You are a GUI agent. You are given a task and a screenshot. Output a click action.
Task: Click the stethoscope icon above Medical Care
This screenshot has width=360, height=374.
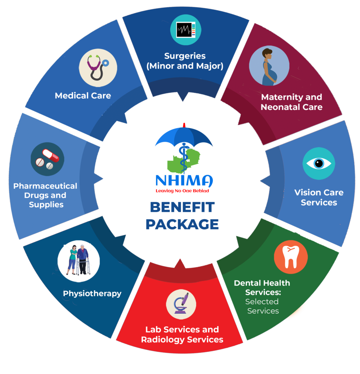click(98, 68)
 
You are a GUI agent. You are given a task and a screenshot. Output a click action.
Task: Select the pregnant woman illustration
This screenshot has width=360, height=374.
click(269, 66)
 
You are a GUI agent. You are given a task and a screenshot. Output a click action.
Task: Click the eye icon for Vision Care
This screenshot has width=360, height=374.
click(319, 163)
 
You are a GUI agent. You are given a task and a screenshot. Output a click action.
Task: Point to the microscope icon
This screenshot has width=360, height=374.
click(181, 304)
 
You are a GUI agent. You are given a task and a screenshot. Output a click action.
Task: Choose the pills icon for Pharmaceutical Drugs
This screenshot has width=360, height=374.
click(47, 159)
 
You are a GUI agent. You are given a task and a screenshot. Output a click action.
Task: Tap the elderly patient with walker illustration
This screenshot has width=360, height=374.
click(78, 260)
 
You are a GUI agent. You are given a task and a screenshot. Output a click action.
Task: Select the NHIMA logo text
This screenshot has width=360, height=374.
click(184, 181)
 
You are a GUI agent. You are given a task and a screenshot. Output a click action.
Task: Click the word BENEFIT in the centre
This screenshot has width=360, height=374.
click(182, 207)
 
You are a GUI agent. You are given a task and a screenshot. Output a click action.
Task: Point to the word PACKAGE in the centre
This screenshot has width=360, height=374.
click(182, 224)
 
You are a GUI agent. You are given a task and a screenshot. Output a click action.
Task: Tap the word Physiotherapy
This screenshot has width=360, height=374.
click(92, 294)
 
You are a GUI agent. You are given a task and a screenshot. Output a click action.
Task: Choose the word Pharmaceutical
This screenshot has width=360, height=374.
click(45, 186)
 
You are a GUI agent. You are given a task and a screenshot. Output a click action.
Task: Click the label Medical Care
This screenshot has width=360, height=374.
click(83, 96)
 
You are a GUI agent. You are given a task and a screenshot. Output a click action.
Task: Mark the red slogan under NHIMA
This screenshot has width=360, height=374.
click(182, 191)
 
